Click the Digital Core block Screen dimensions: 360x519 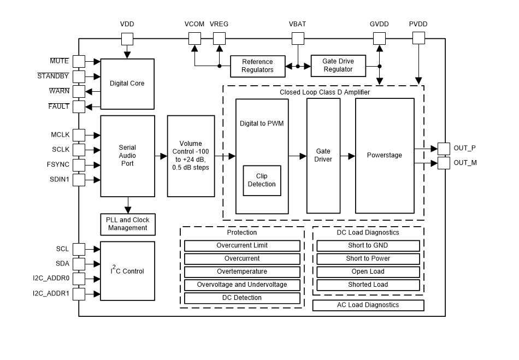[x=127, y=84]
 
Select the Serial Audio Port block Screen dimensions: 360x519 [x=127, y=156]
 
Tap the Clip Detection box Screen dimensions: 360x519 [x=262, y=180]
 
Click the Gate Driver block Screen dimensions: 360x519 [x=323, y=156]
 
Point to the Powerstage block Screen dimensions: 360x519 [x=384, y=156]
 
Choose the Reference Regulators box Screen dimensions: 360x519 [x=257, y=66]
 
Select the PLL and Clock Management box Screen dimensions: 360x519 [x=127, y=224]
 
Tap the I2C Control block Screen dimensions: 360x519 [x=127, y=270]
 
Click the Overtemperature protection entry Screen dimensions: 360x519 [x=242, y=272]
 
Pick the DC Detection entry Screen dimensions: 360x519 [x=242, y=298]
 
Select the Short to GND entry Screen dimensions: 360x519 [x=368, y=245]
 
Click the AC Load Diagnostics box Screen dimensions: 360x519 [x=368, y=305]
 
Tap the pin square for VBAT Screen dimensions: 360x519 [x=298, y=38]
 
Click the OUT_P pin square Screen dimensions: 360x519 [x=444, y=149]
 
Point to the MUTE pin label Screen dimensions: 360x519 [x=59, y=61]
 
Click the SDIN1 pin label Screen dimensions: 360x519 [x=59, y=179]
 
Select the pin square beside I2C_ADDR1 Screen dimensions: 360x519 [x=79, y=294]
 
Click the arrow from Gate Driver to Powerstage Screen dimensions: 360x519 [x=347, y=156]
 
